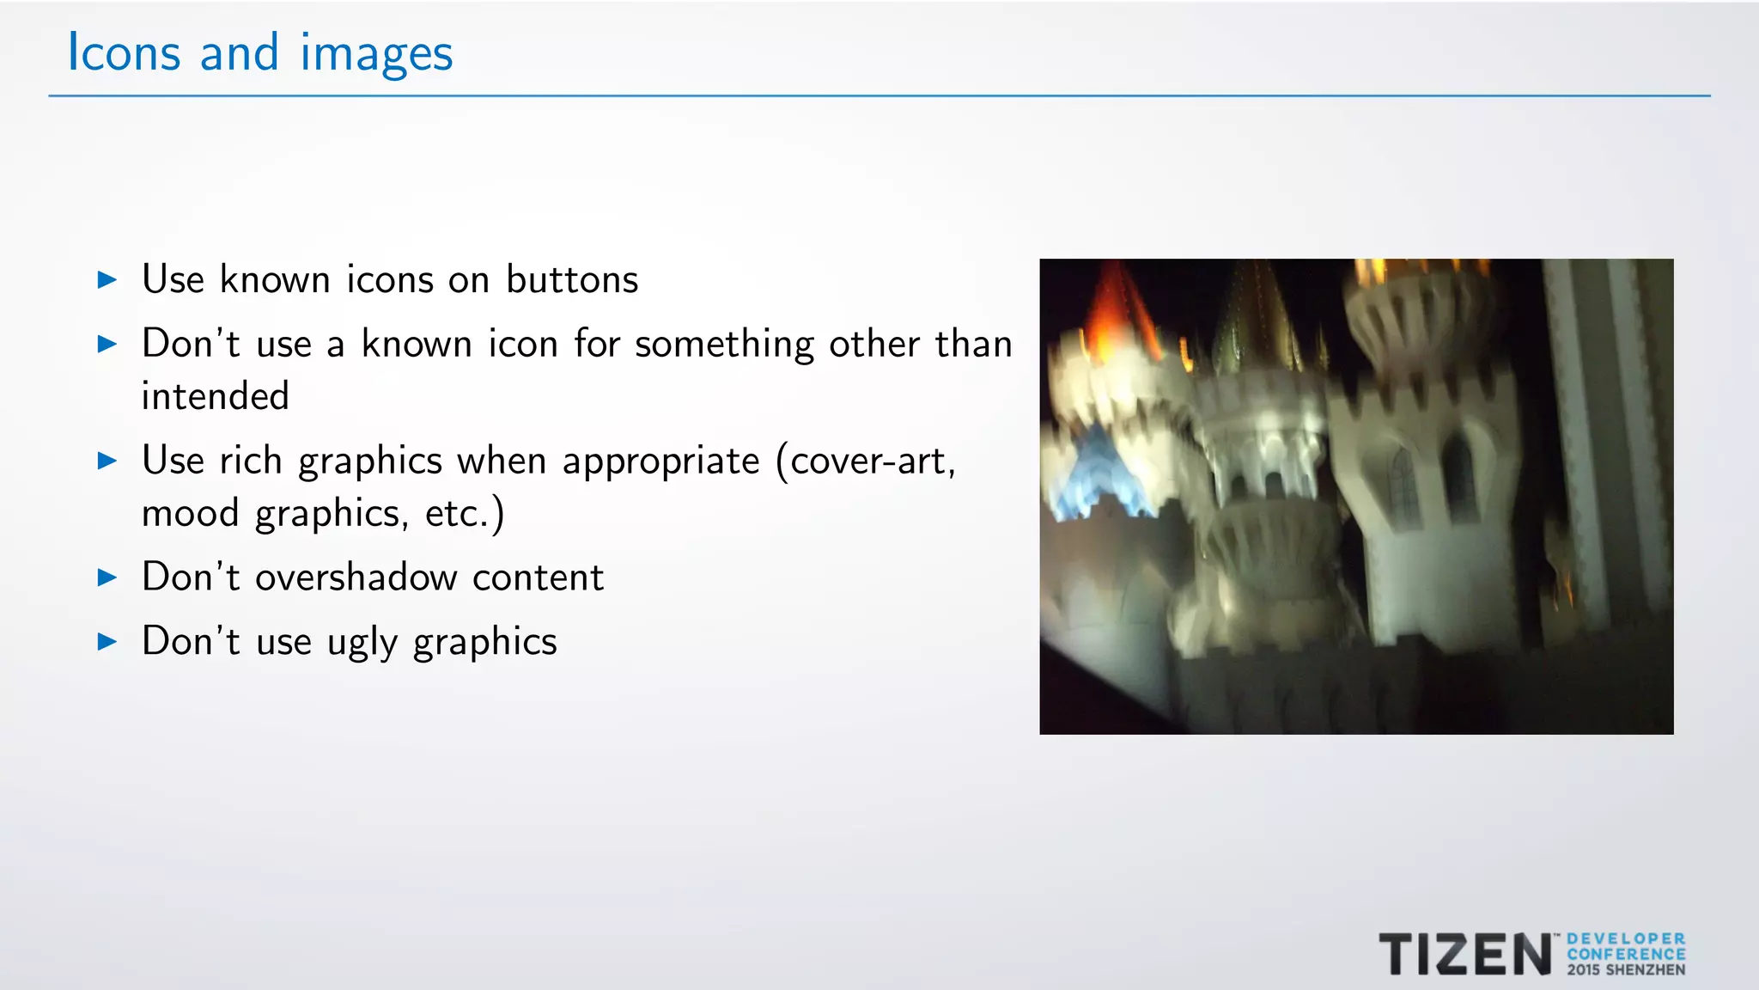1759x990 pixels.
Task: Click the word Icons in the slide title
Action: coord(124,52)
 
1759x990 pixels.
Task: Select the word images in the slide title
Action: coord(376,54)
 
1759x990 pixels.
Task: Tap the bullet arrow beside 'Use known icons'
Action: coord(107,279)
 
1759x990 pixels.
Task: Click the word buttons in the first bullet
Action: coord(572,279)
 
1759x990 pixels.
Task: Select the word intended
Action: coord(216,396)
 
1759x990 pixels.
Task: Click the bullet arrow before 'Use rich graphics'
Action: coord(107,461)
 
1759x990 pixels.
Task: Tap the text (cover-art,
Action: coord(866,461)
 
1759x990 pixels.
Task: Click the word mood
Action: coord(191,513)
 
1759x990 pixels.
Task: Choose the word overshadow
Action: coord(356,577)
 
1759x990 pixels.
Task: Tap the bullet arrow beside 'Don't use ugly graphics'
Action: coord(107,641)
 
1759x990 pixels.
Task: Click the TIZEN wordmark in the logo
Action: coord(1465,955)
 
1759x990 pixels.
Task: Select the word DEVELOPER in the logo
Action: coord(1626,939)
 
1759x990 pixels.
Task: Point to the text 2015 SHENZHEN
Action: coord(1626,970)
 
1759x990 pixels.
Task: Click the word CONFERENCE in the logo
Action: coord(1626,955)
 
